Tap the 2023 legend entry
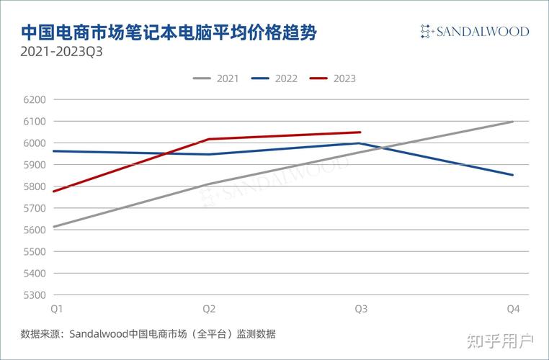tap(333, 78)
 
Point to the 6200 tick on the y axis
tap(35, 100)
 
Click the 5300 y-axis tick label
tap(35, 295)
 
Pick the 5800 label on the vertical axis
tap(35, 186)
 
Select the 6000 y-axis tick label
tap(35, 143)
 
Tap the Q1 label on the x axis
tap(55, 309)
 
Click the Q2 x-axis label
tap(208, 309)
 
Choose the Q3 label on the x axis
tap(361, 309)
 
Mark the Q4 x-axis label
tap(513, 309)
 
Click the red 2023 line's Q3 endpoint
tap(360, 132)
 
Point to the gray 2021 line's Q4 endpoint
tap(513, 122)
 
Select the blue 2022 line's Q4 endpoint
tap(513, 175)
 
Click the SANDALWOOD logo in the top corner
tap(475, 32)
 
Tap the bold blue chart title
tap(169, 32)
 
